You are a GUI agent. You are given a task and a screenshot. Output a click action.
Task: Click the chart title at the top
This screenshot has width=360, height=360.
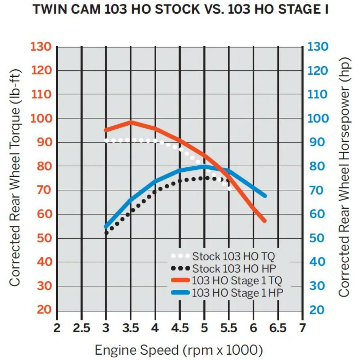coord(180,10)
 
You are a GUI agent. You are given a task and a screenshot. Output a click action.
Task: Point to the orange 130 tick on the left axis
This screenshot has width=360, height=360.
coord(41,47)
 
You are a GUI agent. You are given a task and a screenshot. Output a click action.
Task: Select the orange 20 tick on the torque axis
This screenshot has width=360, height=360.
coord(44,309)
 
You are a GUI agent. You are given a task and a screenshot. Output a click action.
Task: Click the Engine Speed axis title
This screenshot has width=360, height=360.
coord(179,350)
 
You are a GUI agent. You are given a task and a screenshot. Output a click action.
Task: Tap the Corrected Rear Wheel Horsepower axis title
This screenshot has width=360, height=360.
coord(344,177)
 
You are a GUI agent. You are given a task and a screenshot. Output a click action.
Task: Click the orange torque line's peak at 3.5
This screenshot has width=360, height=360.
coord(131,122)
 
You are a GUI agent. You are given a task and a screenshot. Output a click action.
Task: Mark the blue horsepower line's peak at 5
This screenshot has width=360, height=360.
coord(204,166)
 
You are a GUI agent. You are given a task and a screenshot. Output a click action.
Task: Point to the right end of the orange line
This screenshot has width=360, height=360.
coord(264,221)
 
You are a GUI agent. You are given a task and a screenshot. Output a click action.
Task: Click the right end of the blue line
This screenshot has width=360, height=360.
coord(265,196)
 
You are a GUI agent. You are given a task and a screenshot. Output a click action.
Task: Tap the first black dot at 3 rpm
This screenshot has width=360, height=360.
coord(106,233)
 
